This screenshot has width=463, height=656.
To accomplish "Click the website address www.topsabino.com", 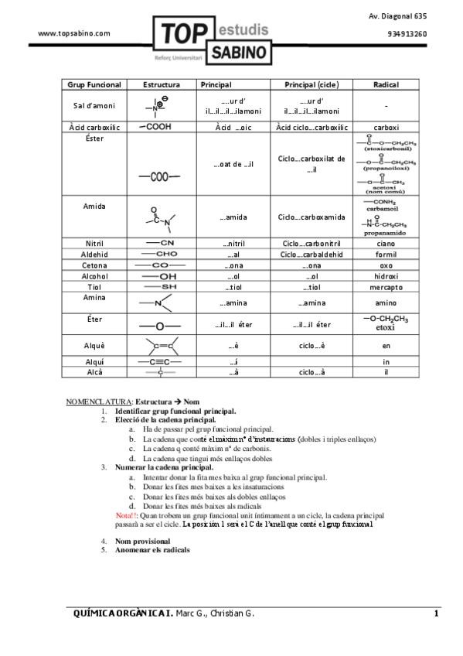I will pyautogui.click(x=74, y=33).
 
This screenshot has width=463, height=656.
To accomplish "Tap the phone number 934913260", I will pyautogui.click(x=407, y=34).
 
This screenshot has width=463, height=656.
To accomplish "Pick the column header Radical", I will pyautogui.click(x=386, y=84).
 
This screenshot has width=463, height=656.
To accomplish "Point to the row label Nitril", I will pyautogui.click(x=94, y=243).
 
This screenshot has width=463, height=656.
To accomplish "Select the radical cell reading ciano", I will pyautogui.click(x=386, y=243).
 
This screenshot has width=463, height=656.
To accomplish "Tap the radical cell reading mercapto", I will pyautogui.click(x=386, y=286).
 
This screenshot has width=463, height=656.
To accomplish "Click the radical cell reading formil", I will pyautogui.click(x=386, y=254).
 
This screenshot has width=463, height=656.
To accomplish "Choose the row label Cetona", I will pyautogui.click(x=94, y=265).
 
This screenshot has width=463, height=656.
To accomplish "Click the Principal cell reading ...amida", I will pyautogui.click(x=233, y=217).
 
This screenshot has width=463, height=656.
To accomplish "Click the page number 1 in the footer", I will pyautogui.click(x=436, y=614).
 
